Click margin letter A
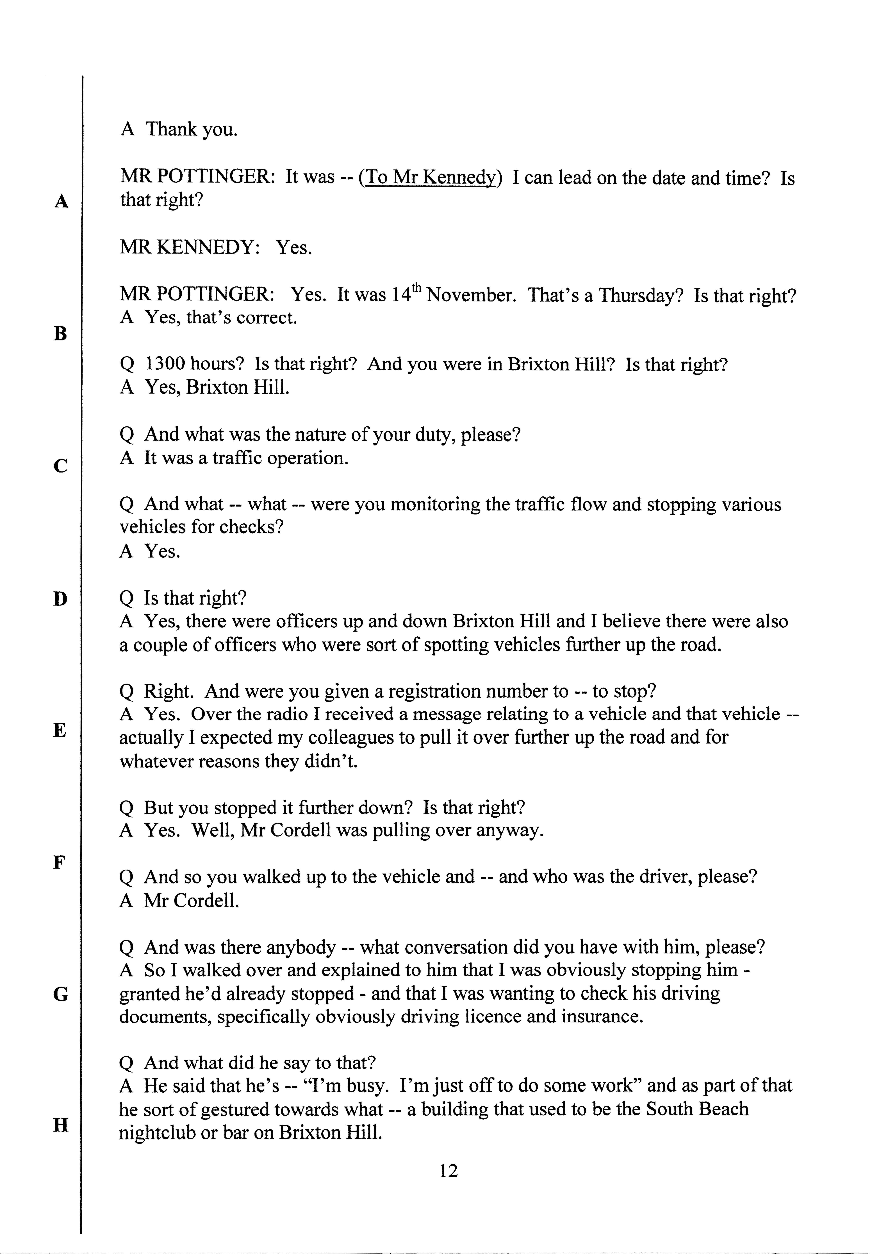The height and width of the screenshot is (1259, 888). (61, 202)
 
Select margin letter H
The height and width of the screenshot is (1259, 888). (60, 1125)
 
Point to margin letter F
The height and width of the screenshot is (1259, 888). (59, 862)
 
